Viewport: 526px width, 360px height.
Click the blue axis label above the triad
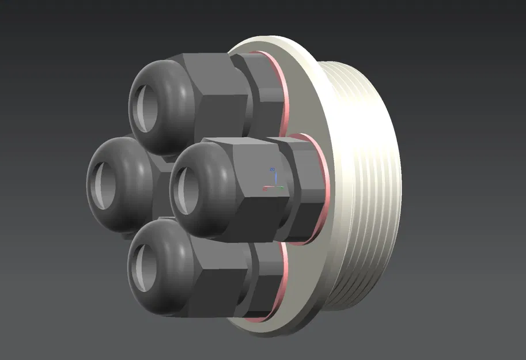273,169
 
